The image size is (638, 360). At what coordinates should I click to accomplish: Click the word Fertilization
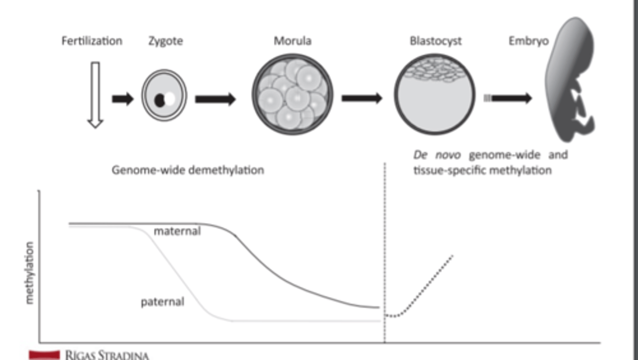92,41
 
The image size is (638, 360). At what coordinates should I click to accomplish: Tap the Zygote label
166,41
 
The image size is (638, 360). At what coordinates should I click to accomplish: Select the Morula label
292,41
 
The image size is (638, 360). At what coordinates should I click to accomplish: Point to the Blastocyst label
436,41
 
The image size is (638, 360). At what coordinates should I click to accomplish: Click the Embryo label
528,41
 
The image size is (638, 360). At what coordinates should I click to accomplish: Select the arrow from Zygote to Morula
215,99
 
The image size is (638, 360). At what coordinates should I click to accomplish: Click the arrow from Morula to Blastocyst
362,98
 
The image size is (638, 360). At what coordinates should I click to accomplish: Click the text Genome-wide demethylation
187,170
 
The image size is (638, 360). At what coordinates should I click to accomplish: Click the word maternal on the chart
177,231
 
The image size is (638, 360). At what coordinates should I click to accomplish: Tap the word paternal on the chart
162,302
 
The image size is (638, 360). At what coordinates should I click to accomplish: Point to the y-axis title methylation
30,273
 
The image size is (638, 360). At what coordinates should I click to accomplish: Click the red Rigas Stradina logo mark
44,354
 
